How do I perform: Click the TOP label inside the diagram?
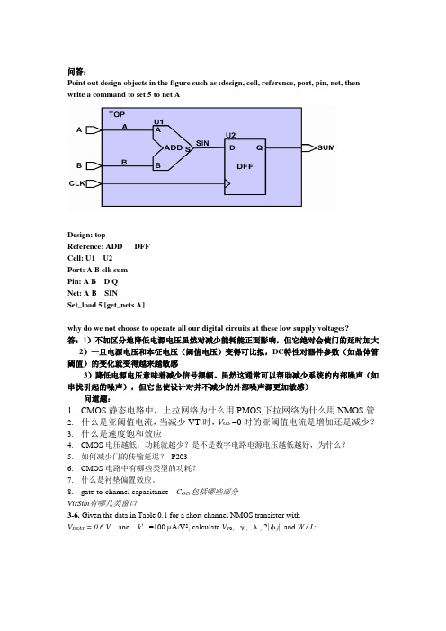tap(117, 114)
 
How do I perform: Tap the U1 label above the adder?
tap(158, 121)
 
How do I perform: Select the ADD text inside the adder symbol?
tap(174, 147)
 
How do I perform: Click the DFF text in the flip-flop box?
tap(245, 166)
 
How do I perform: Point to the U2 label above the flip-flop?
tap(231, 135)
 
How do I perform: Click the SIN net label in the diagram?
tap(202, 143)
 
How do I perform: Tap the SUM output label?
tap(326, 147)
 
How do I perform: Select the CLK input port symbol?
tap(94, 184)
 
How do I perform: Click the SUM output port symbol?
tap(309, 147)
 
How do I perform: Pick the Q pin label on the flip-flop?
tap(259, 147)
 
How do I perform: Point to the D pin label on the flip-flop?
tap(232, 147)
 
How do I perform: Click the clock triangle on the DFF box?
tap(227, 184)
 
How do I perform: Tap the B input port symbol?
tap(94, 165)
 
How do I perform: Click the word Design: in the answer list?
tap(80, 235)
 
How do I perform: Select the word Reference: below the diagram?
tap(85, 246)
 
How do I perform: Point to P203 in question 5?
tap(179, 457)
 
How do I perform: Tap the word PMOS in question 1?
tap(249, 411)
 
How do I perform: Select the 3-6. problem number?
tap(73, 515)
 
